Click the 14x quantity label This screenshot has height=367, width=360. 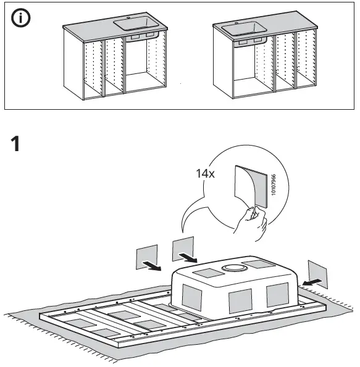(x=205, y=175)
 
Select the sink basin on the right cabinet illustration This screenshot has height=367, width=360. (x=242, y=28)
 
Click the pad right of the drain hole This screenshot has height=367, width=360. (x=259, y=265)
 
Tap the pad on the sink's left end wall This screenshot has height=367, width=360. (x=191, y=298)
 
